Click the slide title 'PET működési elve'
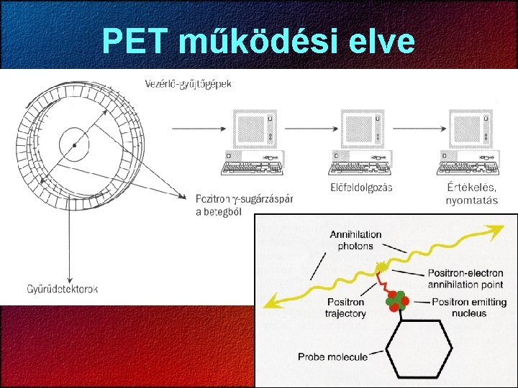click(259, 41)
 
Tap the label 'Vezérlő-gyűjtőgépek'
click(188, 84)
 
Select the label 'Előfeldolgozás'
click(360, 187)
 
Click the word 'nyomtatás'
click(472, 200)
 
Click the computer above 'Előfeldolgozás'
click(360, 142)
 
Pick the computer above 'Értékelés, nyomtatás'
click(468, 142)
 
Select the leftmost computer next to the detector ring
click(251, 142)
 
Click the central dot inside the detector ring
click(74, 145)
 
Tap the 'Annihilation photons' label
click(355, 240)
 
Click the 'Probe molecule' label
click(333, 356)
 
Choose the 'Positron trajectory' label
click(346, 308)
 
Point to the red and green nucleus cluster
click(397, 301)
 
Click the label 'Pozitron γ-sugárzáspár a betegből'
click(243, 204)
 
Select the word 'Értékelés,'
click(471, 187)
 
